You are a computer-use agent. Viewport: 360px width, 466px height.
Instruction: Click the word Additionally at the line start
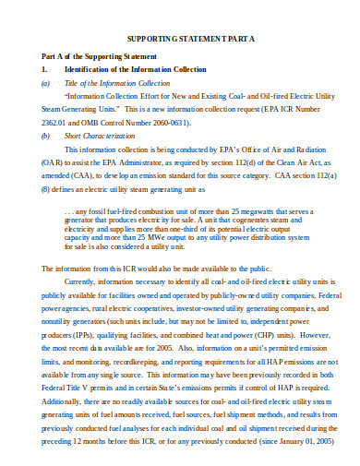coord(61,402)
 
